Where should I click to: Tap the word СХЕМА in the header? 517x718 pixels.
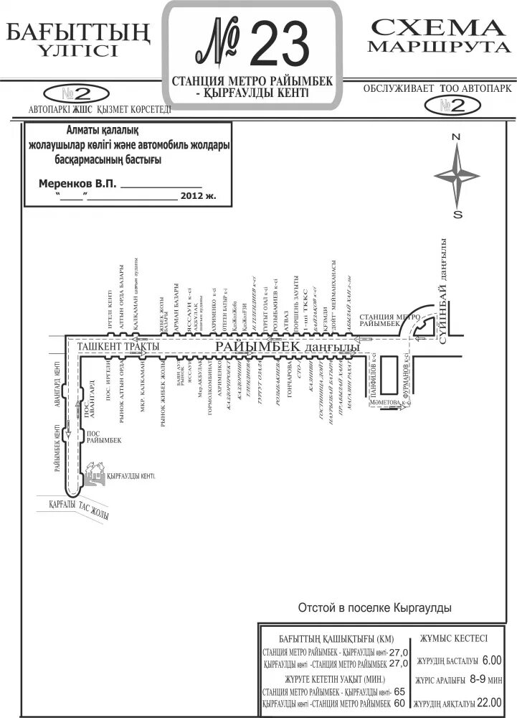[x=436, y=28]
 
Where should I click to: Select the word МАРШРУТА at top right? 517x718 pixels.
[x=436, y=47]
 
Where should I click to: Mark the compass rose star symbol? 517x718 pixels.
[x=457, y=175]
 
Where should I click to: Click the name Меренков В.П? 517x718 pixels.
[x=77, y=185]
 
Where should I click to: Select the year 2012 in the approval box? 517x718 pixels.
[x=194, y=195]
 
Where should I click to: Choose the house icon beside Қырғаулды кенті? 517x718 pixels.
[x=93, y=473]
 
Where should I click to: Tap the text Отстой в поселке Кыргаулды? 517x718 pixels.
[x=375, y=607]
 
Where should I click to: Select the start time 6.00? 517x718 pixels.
[x=493, y=660]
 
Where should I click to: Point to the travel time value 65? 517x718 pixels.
[x=399, y=691]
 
